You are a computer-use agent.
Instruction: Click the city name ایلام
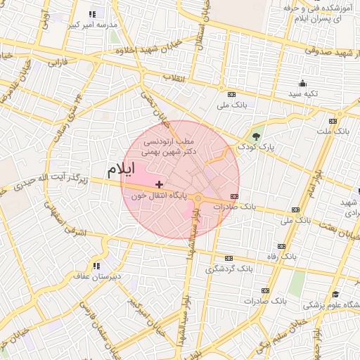pos(122,171)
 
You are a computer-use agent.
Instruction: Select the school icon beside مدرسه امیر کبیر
pos(93,14)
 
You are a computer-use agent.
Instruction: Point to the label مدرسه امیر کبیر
pos(93,25)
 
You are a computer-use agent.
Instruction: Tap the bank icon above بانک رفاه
pos(282,247)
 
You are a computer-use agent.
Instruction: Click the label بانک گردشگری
pos(229,269)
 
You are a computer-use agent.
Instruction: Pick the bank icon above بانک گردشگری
pos(228,259)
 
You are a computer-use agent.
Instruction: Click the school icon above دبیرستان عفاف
pos(96,266)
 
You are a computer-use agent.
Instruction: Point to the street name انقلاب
pos(173,78)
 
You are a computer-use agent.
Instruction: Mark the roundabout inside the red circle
pos(199,198)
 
